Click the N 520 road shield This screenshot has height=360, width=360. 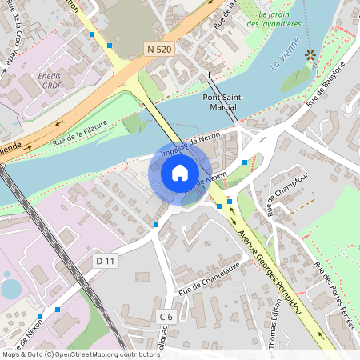click(x=160, y=50)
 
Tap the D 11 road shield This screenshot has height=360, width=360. click(x=106, y=261)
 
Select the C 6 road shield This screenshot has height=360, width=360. click(x=166, y=317)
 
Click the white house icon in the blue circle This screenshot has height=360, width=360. click(x=180, y=173)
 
